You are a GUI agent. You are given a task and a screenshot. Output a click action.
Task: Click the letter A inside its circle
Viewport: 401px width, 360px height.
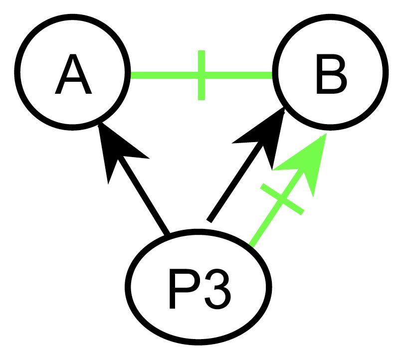(x=73, y=76)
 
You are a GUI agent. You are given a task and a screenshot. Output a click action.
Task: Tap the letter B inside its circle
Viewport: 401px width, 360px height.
(x=331, y=76)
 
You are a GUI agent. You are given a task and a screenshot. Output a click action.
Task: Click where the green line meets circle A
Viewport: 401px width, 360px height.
(x=131, y=76)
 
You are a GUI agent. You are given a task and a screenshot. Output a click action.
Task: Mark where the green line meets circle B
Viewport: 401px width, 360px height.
(x=273, y=76)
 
